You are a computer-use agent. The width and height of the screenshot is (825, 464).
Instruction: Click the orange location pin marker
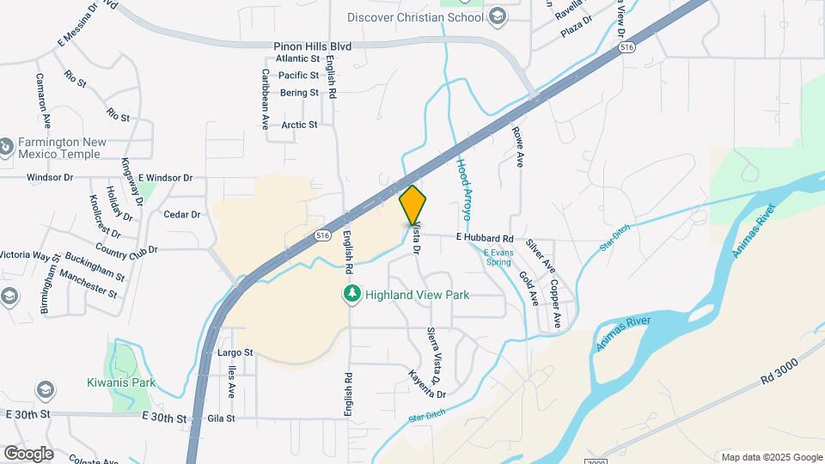pos(413,205)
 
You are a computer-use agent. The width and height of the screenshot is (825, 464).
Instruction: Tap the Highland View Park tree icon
pos(351,295)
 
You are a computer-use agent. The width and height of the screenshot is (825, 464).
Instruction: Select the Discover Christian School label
pos(416,17)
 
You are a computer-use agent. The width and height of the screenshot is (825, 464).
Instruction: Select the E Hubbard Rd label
pos(485,237)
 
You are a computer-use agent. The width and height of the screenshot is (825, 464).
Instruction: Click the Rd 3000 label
pos(779,369)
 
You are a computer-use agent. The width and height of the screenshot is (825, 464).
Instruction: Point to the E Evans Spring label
pos(497,257)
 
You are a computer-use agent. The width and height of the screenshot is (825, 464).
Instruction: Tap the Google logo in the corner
pos(29,453)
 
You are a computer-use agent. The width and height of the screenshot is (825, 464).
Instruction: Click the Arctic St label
pos(300,125)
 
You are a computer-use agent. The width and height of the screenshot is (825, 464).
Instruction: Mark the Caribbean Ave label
pos(265,95)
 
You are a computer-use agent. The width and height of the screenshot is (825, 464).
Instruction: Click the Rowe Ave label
pos(518,146)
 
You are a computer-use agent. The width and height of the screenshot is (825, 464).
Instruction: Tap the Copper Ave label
pos(556,303)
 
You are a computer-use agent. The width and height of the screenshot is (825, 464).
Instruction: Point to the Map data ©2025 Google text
pos(772,457)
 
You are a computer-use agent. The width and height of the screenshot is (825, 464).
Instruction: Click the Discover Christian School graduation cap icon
pos(497,17)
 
